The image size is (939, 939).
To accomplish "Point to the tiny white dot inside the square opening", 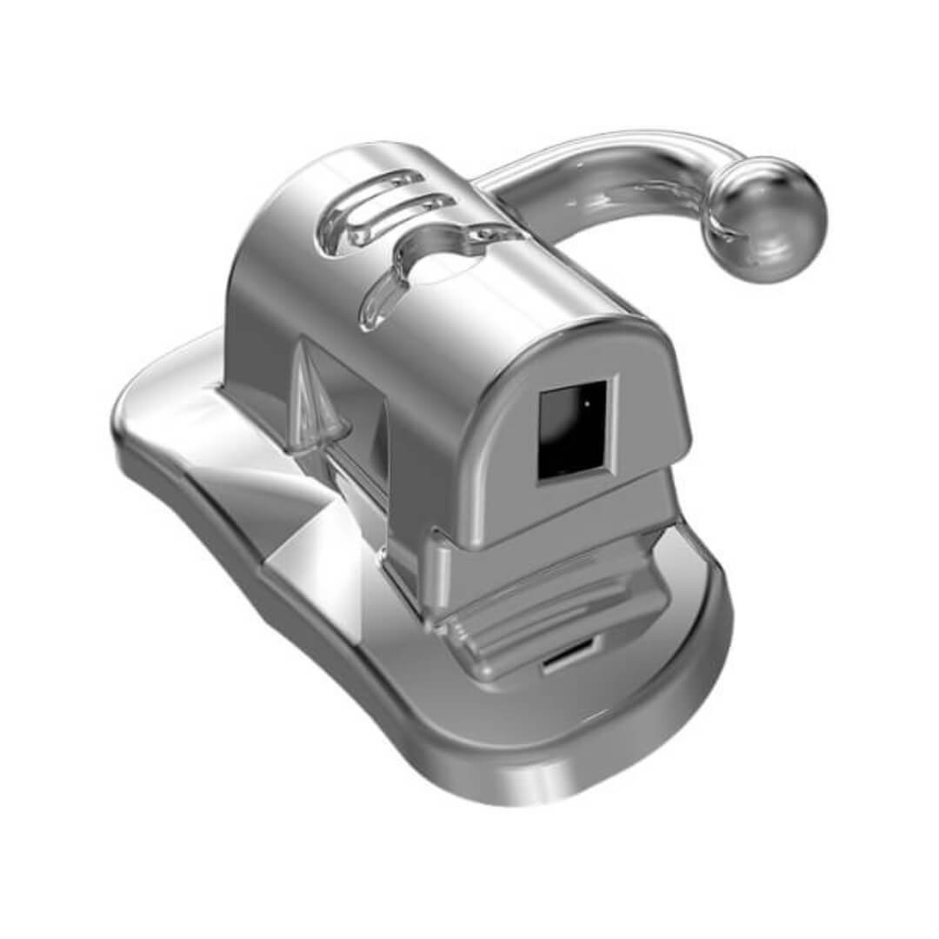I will pos(586,403).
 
